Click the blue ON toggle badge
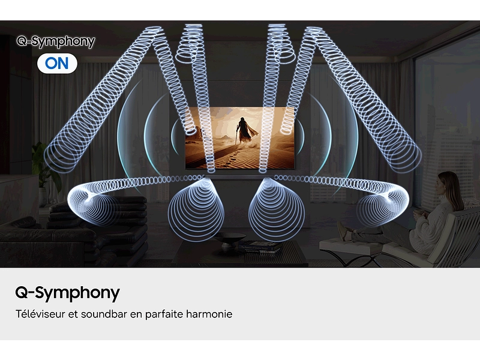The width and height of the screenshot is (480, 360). coord(57,63)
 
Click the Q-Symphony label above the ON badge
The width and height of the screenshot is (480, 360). coord(56,41)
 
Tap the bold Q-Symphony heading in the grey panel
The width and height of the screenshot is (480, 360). coord(67,293)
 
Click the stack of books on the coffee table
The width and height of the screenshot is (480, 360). coord(260,246)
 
